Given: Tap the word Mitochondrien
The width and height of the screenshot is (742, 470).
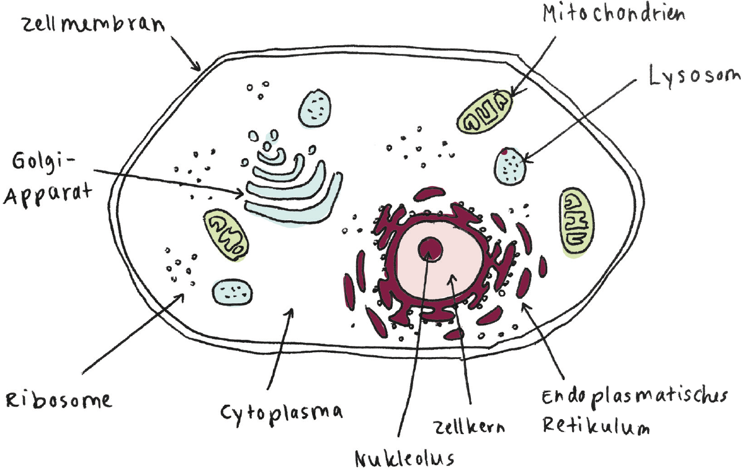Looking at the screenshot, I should (614, 14).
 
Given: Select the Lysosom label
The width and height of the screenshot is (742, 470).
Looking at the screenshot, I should (694, 77).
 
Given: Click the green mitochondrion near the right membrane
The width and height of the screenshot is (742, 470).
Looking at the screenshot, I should (576, 221).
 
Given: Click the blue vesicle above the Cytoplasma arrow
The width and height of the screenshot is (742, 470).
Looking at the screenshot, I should (231, 290).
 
